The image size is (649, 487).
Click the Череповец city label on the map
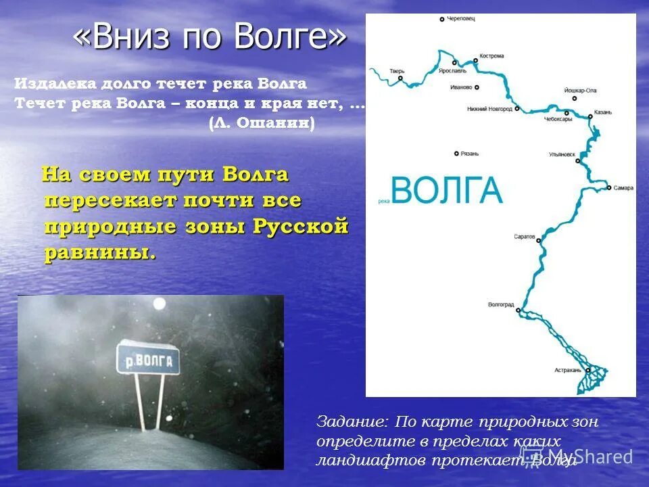tap(462, 19)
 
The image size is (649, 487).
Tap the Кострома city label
tap(491, 56)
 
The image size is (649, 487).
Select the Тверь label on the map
tap(397, 70)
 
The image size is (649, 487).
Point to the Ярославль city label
tap(452, 70)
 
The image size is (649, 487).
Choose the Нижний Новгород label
tap(489, 108)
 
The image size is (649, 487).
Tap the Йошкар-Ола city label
tap(580, 90)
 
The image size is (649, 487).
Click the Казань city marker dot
tap(590, 116)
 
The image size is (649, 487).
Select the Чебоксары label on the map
tap(558, 119)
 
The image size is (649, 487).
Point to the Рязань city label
tap(469, 154)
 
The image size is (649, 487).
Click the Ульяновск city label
tap(562, 154)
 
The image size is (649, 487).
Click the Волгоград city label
tap(502, 305)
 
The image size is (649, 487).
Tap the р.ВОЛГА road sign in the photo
tap(148, 360)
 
